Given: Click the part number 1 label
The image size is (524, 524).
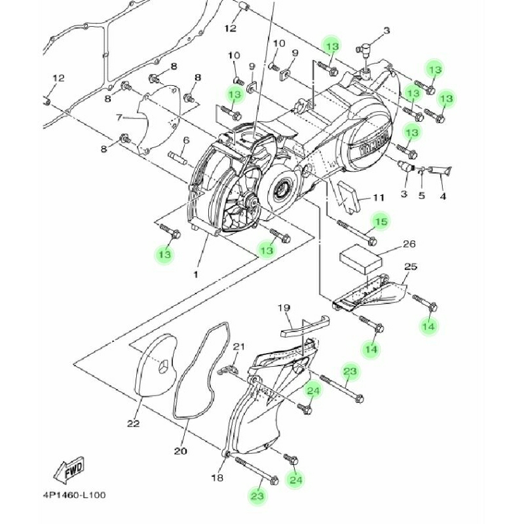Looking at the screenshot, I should pyautogui.click(x=195, y=274).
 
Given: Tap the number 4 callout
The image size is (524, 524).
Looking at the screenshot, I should pyautogui.click(x=443, y=195).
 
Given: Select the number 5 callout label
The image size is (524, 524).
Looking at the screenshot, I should pyautogui.click(x=422, y=195).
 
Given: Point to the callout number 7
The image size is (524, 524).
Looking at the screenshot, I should pyautogui.click(x=119, y=118).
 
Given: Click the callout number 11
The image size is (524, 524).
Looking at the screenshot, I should pyautogui.click(x=379, y=198).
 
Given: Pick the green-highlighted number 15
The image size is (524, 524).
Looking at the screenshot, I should pyautogui.click(x=381, y=222).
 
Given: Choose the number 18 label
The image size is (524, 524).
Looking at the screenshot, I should pyautogui.click(x=217, y=478).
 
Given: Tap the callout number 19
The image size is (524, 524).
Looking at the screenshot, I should pyautogui.click(x=284, y=308).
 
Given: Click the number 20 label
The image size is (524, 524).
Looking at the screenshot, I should pyautogui.click(x=181, y=451).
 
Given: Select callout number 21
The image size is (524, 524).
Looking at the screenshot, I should pyautogui.click(x=239, y=346).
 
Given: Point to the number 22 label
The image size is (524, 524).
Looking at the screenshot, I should pyautogui.click(x=134, y=424).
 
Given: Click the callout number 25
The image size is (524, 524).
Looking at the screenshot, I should pyautogui.click(x=411, y=267).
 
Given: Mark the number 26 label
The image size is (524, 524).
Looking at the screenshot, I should pyautogui.click(x=409, y=244).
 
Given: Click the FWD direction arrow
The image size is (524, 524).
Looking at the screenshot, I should pyautogui.click(x=68, y=470).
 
